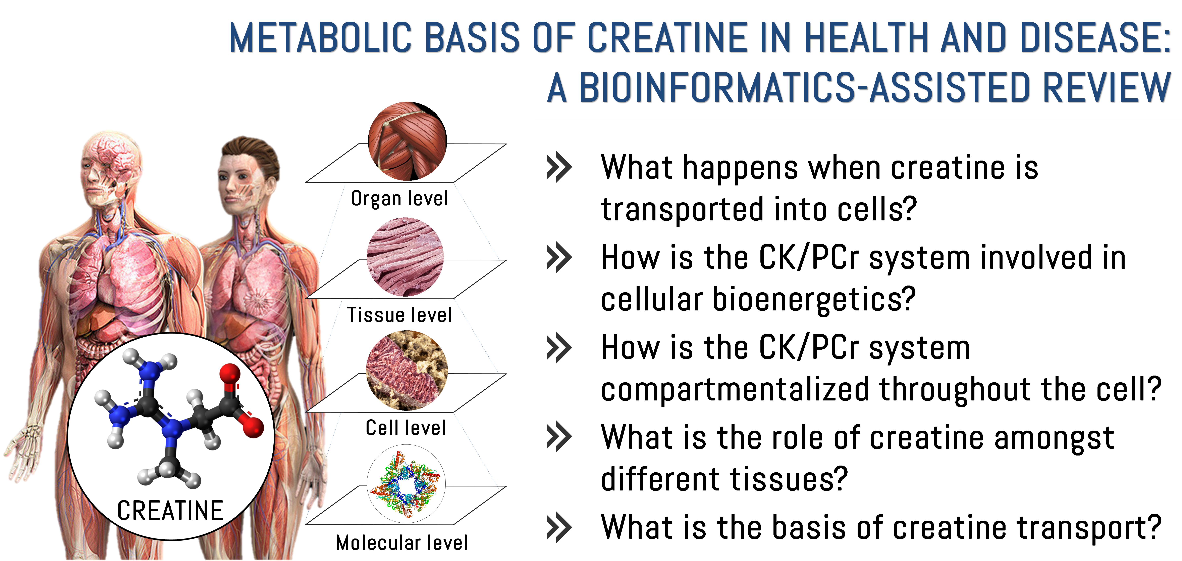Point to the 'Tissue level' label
[x=399, y=315]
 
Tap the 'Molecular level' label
[x=402, y=543]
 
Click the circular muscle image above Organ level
[x=408, y=141]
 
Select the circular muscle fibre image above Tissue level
[x=405, y=257]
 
